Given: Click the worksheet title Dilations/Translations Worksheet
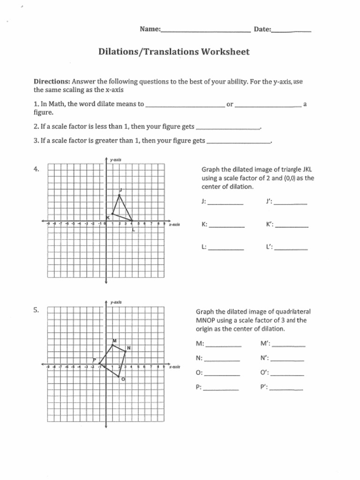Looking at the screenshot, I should [174, 52].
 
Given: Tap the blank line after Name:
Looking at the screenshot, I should [205, 31].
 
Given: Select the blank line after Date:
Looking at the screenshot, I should [291, 31].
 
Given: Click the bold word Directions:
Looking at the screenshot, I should [52, 82].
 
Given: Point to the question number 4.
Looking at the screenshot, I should [36, 169].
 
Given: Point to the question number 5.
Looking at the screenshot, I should [36, 310].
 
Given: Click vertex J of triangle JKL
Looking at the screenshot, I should [120, 195].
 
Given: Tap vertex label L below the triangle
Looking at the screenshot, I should [133, 229].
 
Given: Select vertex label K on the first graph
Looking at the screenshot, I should [107, 217].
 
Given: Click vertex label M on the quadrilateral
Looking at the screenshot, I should [114, 340].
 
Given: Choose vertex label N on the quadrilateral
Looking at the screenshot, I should [128, 348].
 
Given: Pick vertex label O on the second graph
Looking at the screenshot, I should [123, 379].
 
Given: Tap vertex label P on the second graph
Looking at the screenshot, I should [94, 360].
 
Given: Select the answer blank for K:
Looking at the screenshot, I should [226, 226].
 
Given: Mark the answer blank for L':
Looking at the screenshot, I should [291, 249].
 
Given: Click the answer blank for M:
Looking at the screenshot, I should [224, 345].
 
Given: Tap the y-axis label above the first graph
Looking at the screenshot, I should [116, 160].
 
